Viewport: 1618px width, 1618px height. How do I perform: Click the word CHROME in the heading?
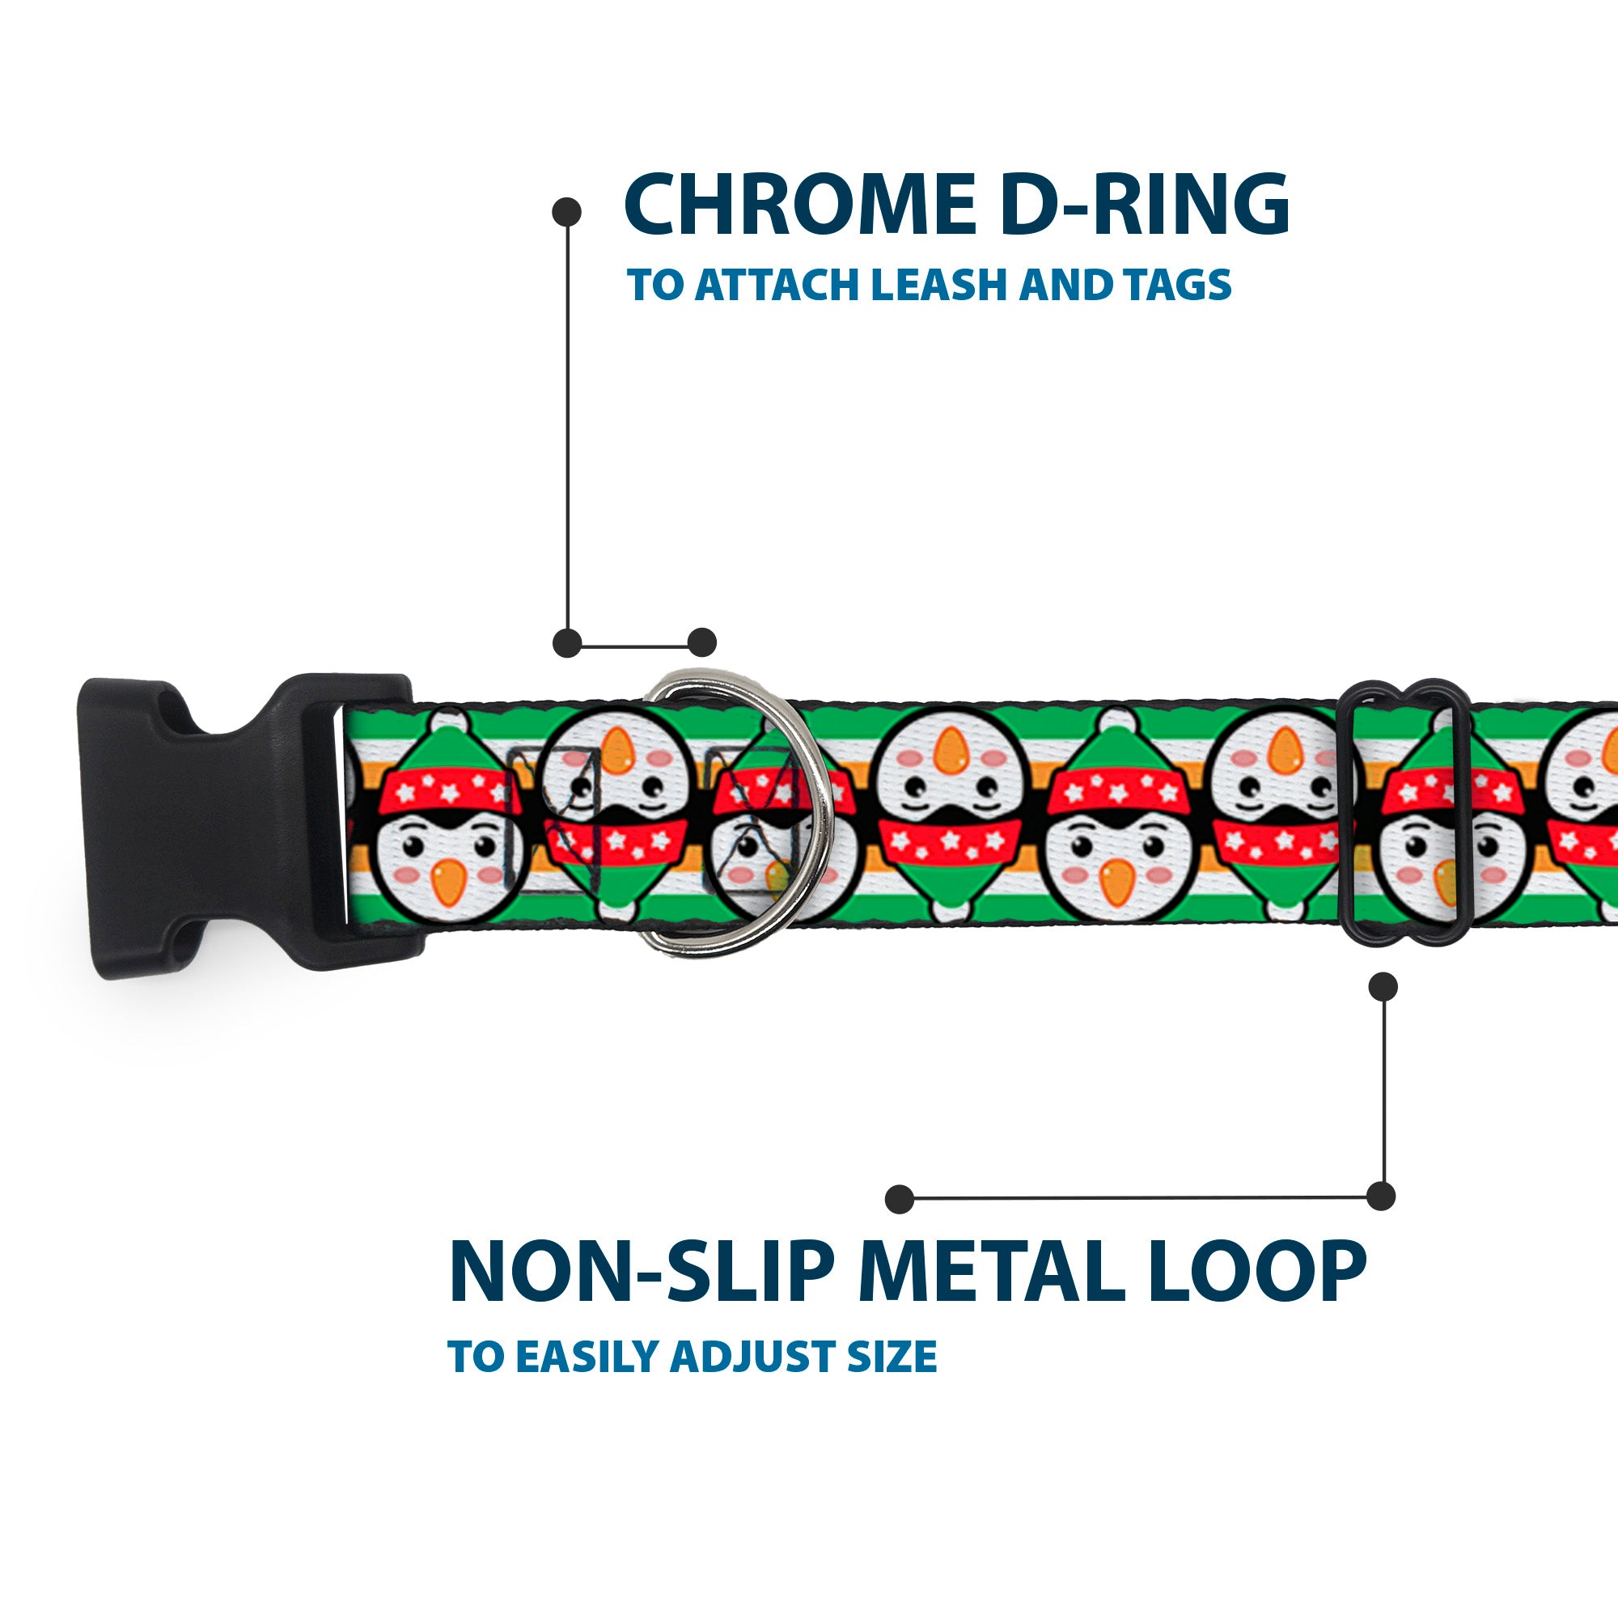pos(800,205)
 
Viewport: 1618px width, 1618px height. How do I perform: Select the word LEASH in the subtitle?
pos(942,286)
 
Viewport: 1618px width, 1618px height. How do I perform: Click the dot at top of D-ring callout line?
pos(568,212)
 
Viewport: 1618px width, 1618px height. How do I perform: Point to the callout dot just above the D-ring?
pos(701,642)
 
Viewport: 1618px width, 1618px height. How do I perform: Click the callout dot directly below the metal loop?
pos(1383,986)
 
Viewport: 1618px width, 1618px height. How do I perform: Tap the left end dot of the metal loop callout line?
pos(900,1198)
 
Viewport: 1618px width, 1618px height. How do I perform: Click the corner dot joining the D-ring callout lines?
pos(568,642)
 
